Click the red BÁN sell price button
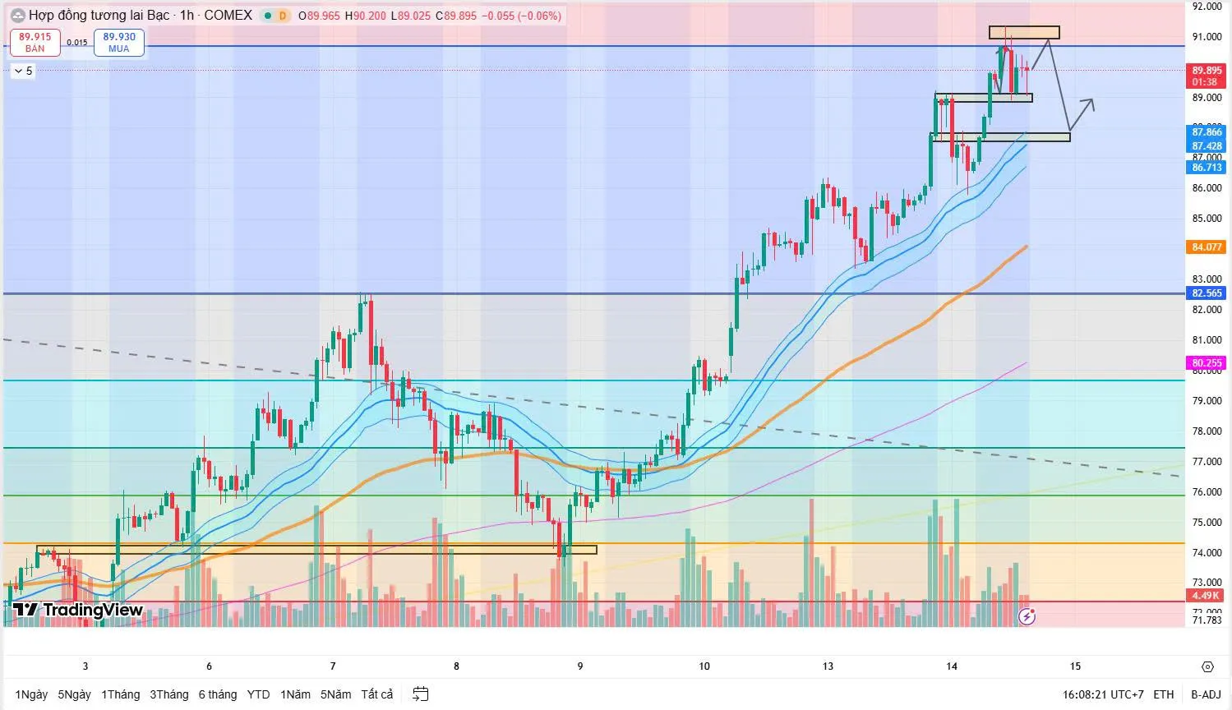pyautogui.click(x=35, y=43)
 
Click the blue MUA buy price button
pyautogui.click(x=119, y=43)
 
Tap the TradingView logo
pyautogui.click(x=78, y=610)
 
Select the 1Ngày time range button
pyautogui.click(x=31, y=694)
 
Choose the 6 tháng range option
pyautogui.click(x=217, y=694)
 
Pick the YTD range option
pyautogui.click(x=258, y=694)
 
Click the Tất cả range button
pyautogui.click(x=377, y=694)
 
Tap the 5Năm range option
pyautogui.click(x=335, y=694)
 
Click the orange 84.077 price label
pyautogui.click(x=1207, y=247)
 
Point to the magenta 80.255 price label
pyautogui.click(x=1207, y=362)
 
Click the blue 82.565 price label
pyautogui.click(x=1207, y=293)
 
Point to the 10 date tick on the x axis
pyautogui.click(x=704, y=666)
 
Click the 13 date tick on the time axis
pyautogui.click(x=828, y=666)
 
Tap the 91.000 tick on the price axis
pyautogui.click(x=1207, y=37)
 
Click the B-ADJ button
pyautogui.click(x=1206, y=694)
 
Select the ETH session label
pyautogui.click(x=1163, y=694)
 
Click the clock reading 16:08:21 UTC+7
pyautogui.click(x=1102, y=694)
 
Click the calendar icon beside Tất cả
pyautogui.click(x=421, y=694)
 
